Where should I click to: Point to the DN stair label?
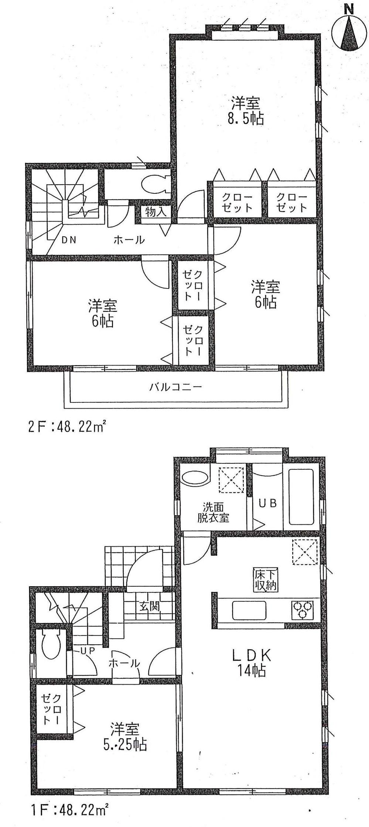click(69, 240)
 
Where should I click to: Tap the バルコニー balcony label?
click(175, 387)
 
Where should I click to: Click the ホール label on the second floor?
click(129, 240)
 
